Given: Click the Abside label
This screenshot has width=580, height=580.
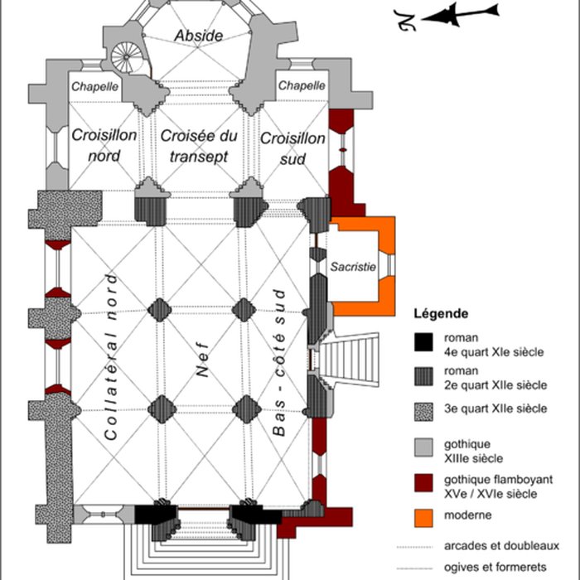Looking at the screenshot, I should point(199,36).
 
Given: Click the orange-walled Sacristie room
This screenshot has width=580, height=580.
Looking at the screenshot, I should point(353,268).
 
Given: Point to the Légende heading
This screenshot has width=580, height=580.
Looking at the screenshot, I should point(442,314).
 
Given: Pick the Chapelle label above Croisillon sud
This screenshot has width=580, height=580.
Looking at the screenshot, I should point(302,86).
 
